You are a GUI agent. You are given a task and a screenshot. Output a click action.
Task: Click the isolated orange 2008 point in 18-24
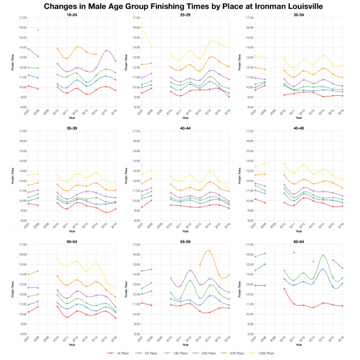pos(38,30)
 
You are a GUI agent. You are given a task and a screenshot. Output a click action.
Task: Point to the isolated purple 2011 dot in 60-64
pos(293,253)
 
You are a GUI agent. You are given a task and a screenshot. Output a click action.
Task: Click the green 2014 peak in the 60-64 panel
pos(324,255)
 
